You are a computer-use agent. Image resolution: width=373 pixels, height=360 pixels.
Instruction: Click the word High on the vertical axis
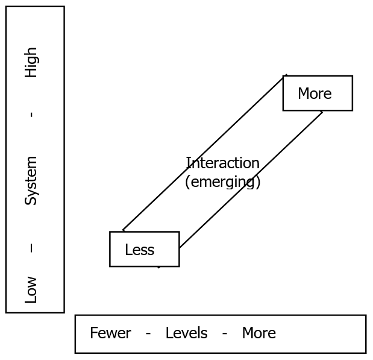tap(31, 62)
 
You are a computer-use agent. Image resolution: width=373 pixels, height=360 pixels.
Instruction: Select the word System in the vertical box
tap(31, 180)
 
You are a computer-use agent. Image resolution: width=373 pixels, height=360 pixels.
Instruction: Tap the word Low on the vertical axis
tap(31, 289)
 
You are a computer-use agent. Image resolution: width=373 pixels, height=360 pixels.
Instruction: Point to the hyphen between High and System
tap(31, 115)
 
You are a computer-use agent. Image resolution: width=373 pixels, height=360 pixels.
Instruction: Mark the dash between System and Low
tap(31, 248)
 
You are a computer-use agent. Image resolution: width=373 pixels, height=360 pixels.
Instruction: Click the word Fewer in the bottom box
tap(110, 333)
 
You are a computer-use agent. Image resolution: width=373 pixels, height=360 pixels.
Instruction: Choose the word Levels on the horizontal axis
tap(186, 333)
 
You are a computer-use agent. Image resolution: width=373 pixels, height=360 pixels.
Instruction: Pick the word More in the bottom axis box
tap(259, 333)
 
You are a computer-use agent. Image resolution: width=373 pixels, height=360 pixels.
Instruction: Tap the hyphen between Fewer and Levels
tap(148, 333)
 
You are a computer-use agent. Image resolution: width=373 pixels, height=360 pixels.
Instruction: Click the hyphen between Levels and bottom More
tap(224, 333)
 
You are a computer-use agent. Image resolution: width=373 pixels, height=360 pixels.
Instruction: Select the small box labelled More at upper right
tap(318, 93)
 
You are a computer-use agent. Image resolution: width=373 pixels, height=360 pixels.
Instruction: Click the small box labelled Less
tap(144, 249)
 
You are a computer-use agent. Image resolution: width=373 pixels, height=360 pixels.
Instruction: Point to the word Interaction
tap(222, 163)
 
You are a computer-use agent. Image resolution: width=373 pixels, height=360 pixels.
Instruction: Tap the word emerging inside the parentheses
tap(222, 182)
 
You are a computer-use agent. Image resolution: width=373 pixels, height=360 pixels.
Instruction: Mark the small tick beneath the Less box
tap(158, 267)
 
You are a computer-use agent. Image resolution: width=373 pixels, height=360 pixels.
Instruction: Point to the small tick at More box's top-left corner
tap(286, 75)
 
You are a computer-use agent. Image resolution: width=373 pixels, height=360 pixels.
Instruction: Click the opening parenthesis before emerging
tap(187, 182)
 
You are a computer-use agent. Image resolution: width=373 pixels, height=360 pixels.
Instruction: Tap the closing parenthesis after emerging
tap(258, 182)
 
